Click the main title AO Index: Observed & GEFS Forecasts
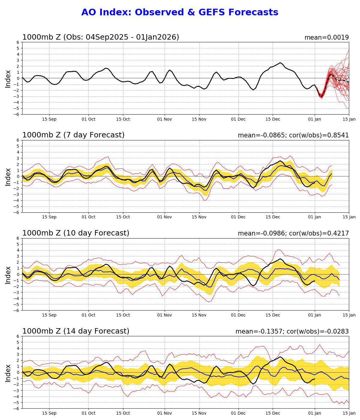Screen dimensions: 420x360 click(x=180, y=13)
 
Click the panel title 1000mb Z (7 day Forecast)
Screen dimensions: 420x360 click(x=73, y=135)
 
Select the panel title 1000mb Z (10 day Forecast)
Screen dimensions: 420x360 click(x=76, y=233)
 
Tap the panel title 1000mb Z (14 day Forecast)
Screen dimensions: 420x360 click(x=76, y=331)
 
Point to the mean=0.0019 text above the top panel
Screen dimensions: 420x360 click(x=326, y=38)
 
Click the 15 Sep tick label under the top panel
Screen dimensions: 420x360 click(x=49, y=119)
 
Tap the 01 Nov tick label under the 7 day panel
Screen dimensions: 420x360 click(x=164, y=217)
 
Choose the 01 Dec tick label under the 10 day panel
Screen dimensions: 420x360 click(x=238, y=315)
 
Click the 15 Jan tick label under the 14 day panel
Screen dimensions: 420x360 click(x=349, y=413)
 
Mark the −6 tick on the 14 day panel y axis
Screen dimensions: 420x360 click(x=17, y=409)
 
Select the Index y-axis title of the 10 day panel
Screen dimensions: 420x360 click(x=8, y=274)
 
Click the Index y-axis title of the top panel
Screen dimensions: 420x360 click(x=8, y=79)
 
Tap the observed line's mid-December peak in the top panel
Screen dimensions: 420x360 click(x=280, y=63)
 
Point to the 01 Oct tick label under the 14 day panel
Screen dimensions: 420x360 click(x=88, y=413)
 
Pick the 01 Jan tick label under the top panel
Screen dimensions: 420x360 click(x=315, y=119)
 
